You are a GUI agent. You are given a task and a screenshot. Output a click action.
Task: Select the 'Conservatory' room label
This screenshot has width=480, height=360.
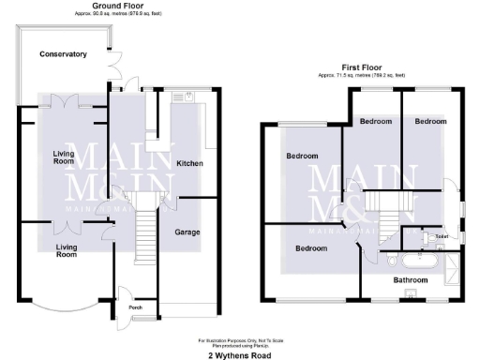(x=63, y=54)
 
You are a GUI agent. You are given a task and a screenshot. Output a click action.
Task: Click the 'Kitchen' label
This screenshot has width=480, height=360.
(x=190, y=163)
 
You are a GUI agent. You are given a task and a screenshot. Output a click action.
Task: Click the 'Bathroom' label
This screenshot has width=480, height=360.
(x=410, y=279)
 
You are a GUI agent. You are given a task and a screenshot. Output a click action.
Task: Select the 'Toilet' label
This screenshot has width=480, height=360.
(x=442, y=237)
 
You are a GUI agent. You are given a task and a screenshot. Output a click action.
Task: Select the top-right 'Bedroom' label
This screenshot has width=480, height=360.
(x=430, y=121)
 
